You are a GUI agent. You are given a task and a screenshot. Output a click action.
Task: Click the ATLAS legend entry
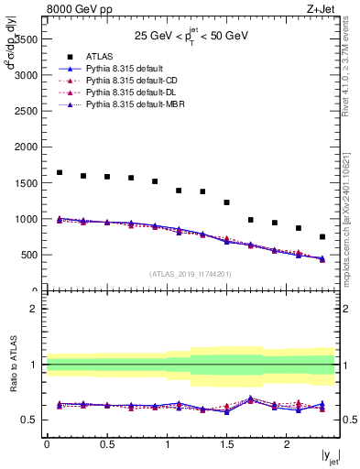(x=101, y=56)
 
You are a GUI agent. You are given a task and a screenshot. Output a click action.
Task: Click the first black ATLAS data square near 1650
(x=60, y=172)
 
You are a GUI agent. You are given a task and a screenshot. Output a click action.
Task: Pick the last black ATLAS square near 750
(x=322, y=236)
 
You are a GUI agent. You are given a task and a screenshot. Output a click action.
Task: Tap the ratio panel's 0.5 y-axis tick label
(x=32, y=420)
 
